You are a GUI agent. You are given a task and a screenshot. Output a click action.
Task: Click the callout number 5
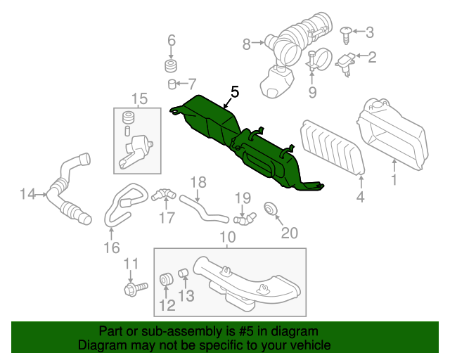click(234, 91)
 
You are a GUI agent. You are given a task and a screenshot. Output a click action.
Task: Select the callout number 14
click(27, 193)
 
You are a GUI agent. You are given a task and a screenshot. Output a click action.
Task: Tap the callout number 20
click(290, 232)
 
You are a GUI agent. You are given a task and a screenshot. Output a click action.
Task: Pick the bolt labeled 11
click(133, 288)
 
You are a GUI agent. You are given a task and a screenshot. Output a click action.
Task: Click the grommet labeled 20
click(269, 209)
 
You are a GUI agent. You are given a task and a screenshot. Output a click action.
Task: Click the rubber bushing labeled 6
click(170, 67)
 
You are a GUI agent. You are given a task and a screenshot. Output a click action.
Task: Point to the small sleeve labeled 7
click(171, 85)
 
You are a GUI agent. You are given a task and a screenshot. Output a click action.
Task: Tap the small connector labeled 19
click(244, 220)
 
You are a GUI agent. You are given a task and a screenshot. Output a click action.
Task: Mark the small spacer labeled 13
click(181, 273)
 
